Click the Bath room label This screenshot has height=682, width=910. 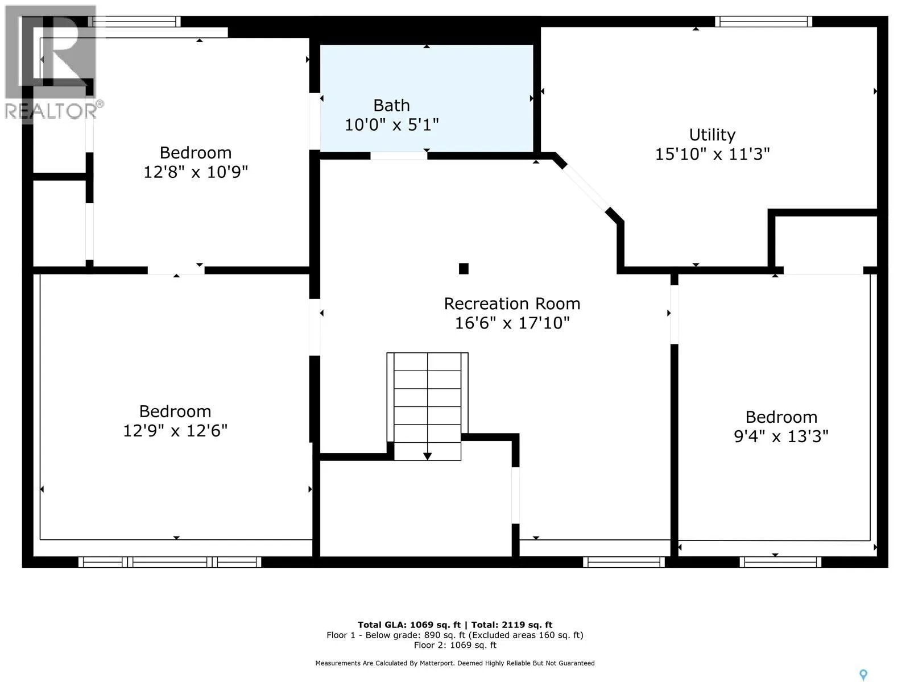pos(391,106)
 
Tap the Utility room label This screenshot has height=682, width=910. pos(712,135)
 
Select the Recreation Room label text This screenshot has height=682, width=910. pos(512,304)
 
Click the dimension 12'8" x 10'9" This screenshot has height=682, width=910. pos(196,172)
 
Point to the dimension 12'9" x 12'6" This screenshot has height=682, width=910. pos(175,431)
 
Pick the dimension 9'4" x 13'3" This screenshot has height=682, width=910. pos(781,436)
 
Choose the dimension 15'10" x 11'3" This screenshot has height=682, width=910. pos(712,154)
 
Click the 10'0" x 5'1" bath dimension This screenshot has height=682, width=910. pos(391,124)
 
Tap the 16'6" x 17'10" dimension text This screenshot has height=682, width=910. pos(512,323)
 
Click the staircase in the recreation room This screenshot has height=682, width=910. pos(428,406)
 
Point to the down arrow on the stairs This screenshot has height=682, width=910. pos(428,456)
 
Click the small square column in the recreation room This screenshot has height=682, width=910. pos(464,269)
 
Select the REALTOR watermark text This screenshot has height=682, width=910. pos(52,111)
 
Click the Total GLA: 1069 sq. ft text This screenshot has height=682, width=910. pos(409,625)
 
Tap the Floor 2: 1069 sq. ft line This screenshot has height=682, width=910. pos(455,645)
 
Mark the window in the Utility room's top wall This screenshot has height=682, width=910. pos(764,22)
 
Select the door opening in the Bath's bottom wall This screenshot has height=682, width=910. pos(399,156)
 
